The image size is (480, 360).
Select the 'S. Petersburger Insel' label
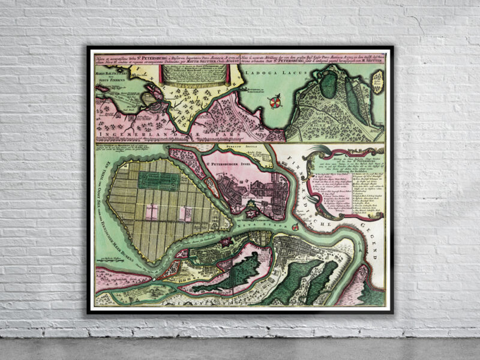pos(230,161)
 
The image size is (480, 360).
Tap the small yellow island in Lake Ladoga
pos(379,78)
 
